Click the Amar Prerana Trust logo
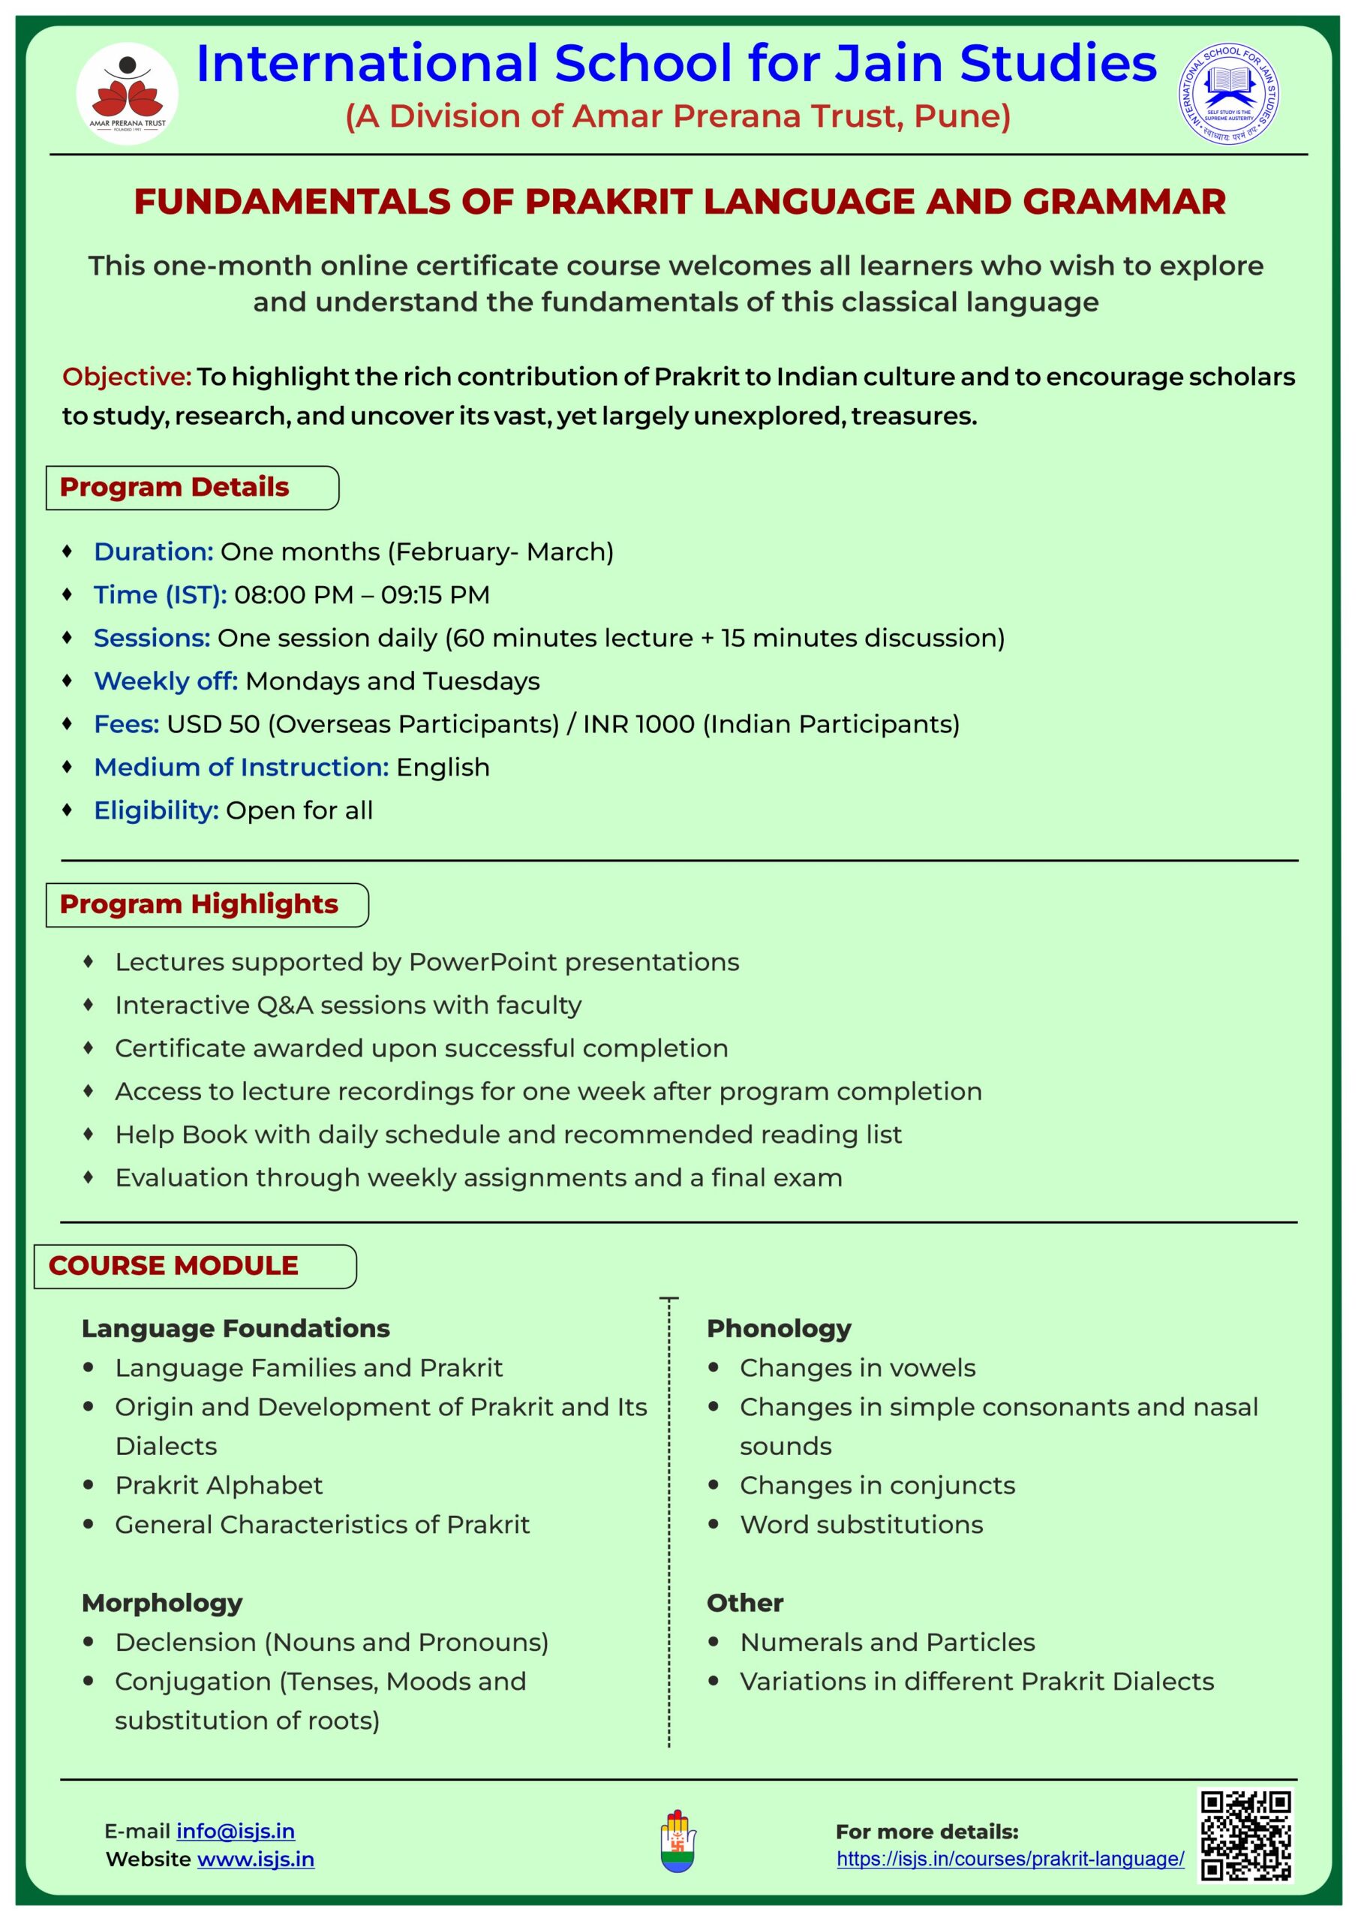(128, 94)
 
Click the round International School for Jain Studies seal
(1228, 94)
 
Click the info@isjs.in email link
(235, 1831)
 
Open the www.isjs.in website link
(255, 1859)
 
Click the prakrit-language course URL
(1010, 1859)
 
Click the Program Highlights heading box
(206, 904)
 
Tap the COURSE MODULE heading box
(194, 1266)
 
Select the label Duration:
(153, 552)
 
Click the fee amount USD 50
(213, 725)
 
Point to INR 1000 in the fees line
(638, 725)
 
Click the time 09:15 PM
(435, 595)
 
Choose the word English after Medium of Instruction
(443, 767)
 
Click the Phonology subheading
(778, 1329)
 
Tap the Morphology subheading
(161, 1603)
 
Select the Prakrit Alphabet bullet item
(218, 1485)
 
